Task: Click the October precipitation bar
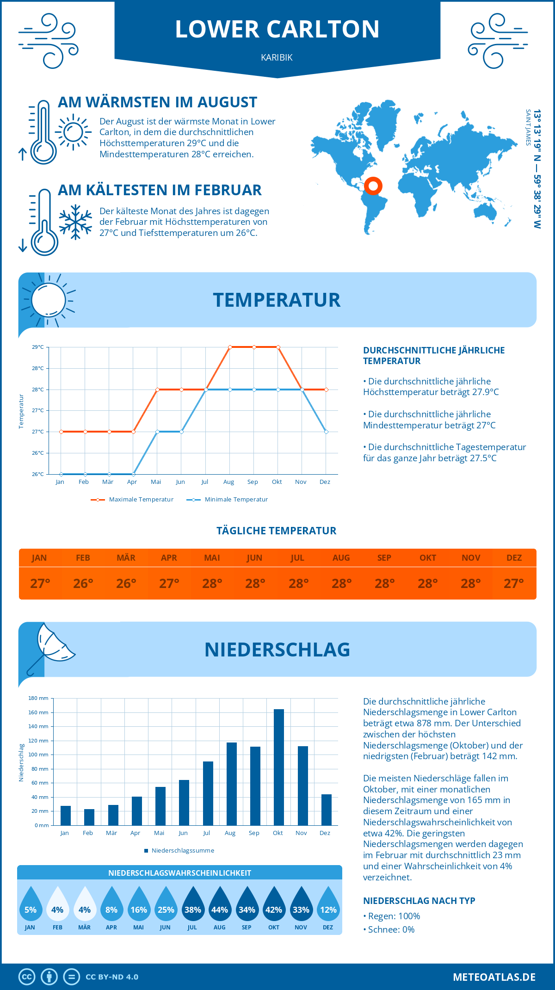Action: tap(278, 767)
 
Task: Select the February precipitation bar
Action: tap(89, 817)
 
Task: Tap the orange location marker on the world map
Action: tap(373, 186)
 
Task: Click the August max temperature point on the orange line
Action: tap(230, 347)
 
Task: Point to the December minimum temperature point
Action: tap(326, 432)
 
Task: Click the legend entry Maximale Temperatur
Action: tap(132, 500)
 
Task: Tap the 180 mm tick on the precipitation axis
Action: tap(39, 698)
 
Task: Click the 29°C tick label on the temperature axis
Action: tap(38, 347)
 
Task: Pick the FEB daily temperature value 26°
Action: tap(83, 583)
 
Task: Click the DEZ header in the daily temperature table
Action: tap(514, 558)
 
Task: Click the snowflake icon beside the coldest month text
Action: tap(75, 222)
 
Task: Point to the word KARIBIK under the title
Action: tap(277, 57)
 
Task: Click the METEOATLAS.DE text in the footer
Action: tap(494, 977)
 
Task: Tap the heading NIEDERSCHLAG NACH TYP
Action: tap(419, 901)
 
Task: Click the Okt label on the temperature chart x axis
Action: tap(277, 482)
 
